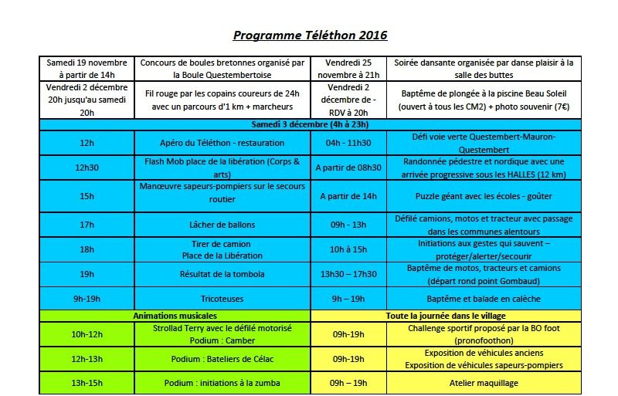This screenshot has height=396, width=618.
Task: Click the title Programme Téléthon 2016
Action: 310,36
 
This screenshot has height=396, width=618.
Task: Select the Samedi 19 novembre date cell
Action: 87,69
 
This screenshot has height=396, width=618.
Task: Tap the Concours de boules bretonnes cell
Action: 222,69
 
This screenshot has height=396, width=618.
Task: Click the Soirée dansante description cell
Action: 484,69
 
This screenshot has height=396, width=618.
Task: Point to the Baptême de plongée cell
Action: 484,100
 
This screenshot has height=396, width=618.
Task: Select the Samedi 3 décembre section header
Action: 310,124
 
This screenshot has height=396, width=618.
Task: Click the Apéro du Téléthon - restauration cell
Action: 222,143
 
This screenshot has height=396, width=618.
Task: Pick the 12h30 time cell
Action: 87,167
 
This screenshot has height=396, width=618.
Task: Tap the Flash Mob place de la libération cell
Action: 222,167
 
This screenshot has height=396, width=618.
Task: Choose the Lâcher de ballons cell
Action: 222,225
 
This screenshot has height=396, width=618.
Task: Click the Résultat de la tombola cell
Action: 222,274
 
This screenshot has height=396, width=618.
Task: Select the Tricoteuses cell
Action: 222,299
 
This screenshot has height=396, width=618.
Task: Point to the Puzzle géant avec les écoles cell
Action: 484,196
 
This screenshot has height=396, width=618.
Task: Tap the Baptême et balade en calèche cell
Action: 484,299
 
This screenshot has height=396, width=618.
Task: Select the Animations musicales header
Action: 175,316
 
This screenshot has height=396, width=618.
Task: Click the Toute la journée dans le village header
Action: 446,316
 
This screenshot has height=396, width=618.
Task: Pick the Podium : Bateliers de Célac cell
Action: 222,359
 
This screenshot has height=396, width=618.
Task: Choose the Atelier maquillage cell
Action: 484,383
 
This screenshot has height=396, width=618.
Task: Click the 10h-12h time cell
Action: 87,334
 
